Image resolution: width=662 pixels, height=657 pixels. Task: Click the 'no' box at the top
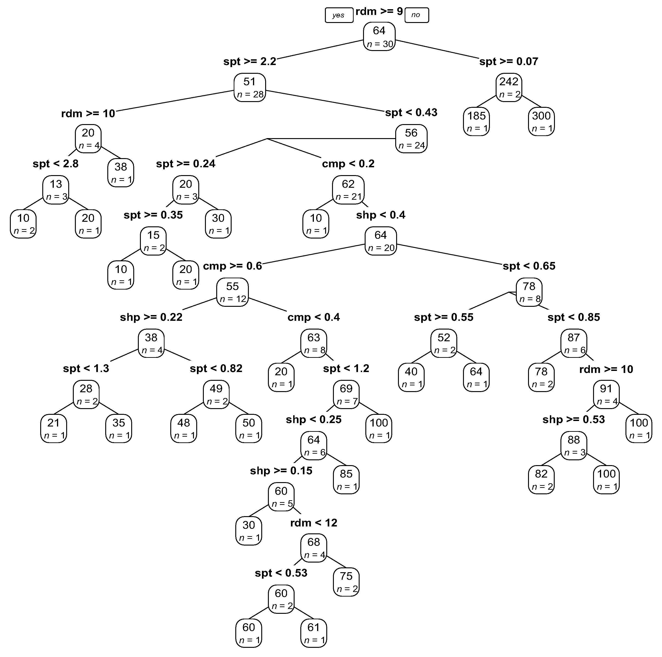416,15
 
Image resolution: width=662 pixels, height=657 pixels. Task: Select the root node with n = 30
379,36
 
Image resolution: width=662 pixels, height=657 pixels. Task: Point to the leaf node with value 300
541,122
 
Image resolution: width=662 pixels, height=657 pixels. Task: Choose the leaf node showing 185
476,122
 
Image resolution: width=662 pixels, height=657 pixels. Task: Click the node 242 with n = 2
509,87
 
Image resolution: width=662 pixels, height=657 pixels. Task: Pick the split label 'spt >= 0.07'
509,62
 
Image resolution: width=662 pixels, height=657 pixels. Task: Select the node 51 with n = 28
250,87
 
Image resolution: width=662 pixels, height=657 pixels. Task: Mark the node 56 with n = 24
411,139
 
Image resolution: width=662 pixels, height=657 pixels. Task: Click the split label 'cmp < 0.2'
348,164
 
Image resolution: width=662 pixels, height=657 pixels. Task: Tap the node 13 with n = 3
56,190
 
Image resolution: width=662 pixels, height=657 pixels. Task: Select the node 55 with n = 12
232,292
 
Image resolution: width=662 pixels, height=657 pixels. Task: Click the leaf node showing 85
346,479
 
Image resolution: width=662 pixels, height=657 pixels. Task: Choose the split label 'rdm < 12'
313,523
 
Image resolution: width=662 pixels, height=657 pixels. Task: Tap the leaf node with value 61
313,633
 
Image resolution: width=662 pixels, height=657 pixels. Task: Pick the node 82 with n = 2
541,479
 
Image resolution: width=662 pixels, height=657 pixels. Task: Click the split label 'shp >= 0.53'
574,419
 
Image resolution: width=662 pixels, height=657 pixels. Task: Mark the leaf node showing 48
184,428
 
